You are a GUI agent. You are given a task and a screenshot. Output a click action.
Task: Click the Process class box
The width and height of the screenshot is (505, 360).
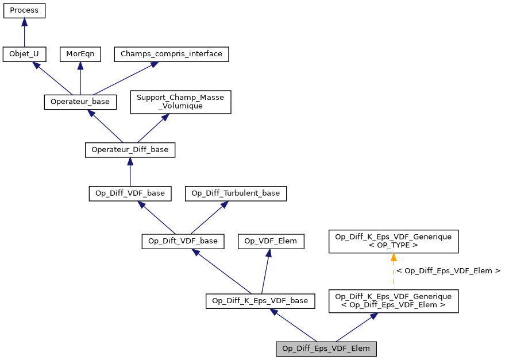pyautogui.click(x=24, y=11)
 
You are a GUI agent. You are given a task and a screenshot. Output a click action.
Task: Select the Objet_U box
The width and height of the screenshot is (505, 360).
pyautogui.click(x=24, y=54)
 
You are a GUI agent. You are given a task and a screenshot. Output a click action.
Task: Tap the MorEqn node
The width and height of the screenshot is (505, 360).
pyautogui.click(x=80, y=54)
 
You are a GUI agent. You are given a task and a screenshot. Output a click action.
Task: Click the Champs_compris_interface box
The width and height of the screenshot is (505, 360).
pyautogui.click(x=172, y=54)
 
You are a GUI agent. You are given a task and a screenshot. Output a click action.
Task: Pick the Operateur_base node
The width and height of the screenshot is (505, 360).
pyautogui.click(x=80, y=102)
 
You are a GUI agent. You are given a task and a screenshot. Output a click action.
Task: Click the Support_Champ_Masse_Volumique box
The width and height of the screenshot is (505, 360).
pyautogui.click(x=180, y=102)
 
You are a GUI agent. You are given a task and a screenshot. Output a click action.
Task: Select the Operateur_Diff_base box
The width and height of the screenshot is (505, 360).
pyautogui.click(x=130, y=150)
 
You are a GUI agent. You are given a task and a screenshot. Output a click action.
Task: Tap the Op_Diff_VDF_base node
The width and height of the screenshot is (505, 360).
pyautogui.click(x=130, y=193)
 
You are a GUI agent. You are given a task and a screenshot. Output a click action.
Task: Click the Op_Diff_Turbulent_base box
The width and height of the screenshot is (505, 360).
pyautogui.click(x=236, y=193)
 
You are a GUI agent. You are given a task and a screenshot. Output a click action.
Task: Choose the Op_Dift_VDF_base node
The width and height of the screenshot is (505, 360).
pyautogui.click(x=183, y=241)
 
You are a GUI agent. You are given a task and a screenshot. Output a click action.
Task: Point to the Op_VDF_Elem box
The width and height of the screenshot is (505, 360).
pyautogui.click(x=271, y=241)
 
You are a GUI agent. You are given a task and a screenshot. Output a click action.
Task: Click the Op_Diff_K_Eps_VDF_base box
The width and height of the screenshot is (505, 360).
pyautogui.click(x=260, y=301)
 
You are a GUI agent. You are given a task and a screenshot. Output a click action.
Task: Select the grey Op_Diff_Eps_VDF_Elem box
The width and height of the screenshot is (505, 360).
pyautogui.click(x=326, y=349)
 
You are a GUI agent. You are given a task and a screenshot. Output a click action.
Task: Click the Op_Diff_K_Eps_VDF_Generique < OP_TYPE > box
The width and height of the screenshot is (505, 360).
pyautogui.click(x=393, y=241)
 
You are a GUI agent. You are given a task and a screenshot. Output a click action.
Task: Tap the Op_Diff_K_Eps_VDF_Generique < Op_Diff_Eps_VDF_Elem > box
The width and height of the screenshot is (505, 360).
pyautogui.click(x=393, y=301)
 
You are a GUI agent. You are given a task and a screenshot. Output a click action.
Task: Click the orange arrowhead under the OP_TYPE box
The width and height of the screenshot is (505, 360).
pyautogui.click(x=393, y=258)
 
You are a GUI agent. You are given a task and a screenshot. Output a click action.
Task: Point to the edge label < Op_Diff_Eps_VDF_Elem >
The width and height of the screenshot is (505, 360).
pyautogui.click(x=448, y=270)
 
